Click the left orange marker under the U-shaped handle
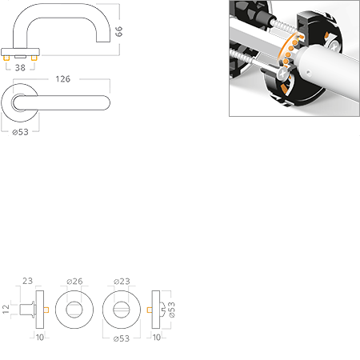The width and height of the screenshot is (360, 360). click(x=9, y=59)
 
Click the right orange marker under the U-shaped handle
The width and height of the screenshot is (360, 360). click(x=34, y=59)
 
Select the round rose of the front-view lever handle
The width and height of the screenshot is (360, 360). click(x=21, y=102)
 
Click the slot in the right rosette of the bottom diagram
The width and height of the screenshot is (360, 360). click(x=122, y=309)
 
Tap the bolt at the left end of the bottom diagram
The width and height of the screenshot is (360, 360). click(x=26, y=309)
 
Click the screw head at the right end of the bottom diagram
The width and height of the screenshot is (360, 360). click(x=164, y=309)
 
